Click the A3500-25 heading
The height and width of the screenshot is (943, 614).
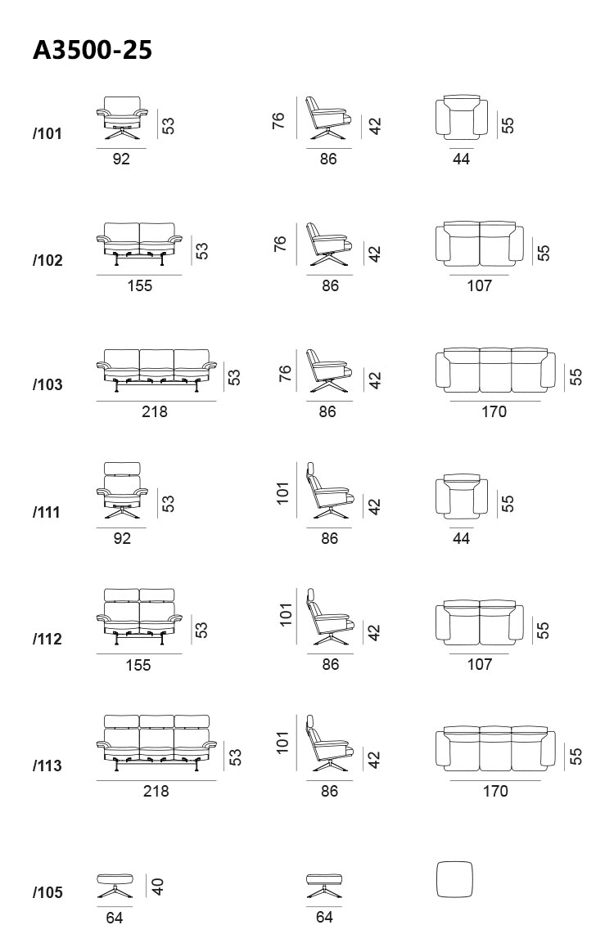tap(92, 50)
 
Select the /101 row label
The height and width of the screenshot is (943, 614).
tap(47, 133)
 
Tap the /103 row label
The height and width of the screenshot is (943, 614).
tap(47, 384)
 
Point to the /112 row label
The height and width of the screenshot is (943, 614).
tap(47, 639)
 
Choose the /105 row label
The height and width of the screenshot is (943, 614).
tap(47, 892)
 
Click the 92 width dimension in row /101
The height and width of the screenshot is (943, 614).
tap(122, 159)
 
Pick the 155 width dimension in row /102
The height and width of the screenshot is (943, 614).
tap(140, 285)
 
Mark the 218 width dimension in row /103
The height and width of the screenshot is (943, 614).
tap(155, 412)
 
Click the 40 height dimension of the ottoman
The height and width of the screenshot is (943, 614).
tap(158, 887)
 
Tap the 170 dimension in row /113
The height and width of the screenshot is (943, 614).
tap(495, 792)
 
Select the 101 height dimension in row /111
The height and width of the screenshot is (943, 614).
tap(283, 493)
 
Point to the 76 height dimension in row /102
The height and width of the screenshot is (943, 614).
tap(280, 245)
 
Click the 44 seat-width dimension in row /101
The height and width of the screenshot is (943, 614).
tap(461, 159)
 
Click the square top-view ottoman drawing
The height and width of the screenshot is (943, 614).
tap(454, 880)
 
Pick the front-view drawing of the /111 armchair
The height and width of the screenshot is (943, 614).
tap(122, 491)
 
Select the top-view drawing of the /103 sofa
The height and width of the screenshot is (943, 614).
tap(495, 369)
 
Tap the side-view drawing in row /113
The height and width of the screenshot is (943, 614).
tap(330, 743)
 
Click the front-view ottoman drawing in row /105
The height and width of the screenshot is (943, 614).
tap(115, 887)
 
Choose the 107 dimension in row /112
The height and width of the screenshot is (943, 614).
tap(480, 665)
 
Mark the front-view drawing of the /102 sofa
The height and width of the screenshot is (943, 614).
tap(139, 245)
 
